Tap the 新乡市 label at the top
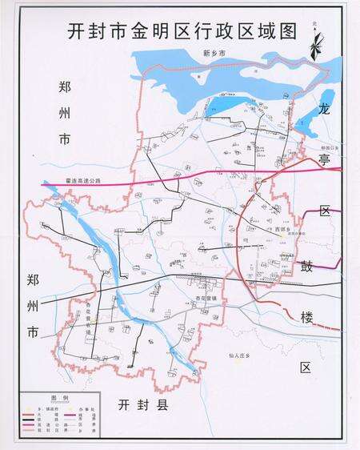click(x=215, y=53)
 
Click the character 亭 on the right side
click(x=324, y=159)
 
